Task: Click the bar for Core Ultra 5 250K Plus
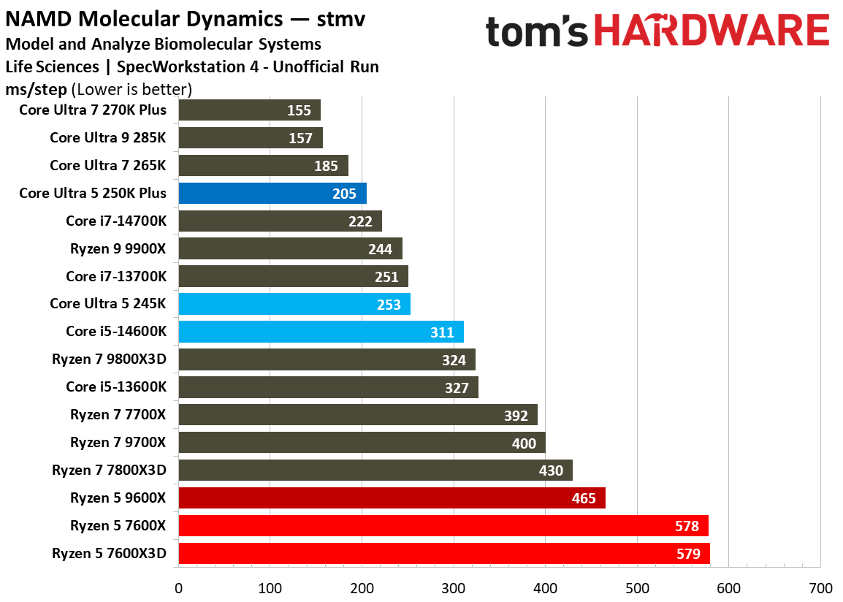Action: pyautogui.click(x=272, y=194)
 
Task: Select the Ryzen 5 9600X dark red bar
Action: pyautogui.click(x=392, y=498)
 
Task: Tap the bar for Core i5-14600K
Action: pyautogui.click(x=321, y=332)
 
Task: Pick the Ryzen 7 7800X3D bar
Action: pyautogui.click(x=375, y=470)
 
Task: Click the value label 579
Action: pyautogui.click(x=687, y=554)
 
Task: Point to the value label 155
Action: pyautogui.click(x=299, y=110)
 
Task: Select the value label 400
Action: pyautogui.click(x=524, y=443)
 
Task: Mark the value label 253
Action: pyautogui.click(x=389, y=305)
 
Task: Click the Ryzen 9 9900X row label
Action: pyautogui.click(x=118, y=248)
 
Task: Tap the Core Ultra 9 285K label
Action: pyautogui.click(x=107, y=137)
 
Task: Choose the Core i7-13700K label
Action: pyautogui.click(x=115, y=276)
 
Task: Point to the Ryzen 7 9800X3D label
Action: pyautogui.click(x=109, y=359)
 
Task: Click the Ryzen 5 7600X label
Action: pyautogui.click(x=118, y=525)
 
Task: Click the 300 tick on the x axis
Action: pyautogui.click(x=454, y=588)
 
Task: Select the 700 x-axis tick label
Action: pyautogui.click(x=820, y=588)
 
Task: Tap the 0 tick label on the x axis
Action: pyautogui.click(x=178, y=588)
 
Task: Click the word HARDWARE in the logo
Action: pyautogui.click(x=712, y=31)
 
